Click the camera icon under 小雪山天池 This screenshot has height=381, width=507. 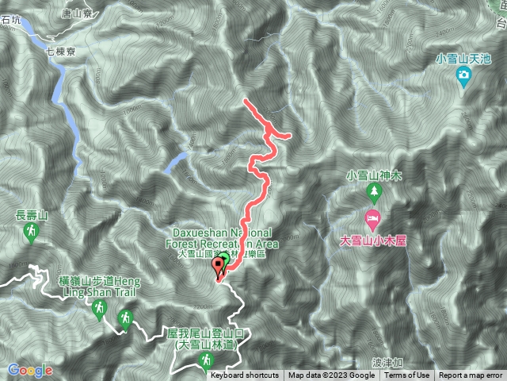point(464,75)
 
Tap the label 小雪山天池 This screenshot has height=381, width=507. point(464,58)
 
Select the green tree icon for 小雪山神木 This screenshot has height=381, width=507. point(373,192)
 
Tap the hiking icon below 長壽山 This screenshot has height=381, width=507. point(31,232)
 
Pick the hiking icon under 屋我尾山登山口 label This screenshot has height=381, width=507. point(207,361)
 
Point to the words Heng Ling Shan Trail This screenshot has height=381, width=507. point(105,291)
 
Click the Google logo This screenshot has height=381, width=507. point(30,370)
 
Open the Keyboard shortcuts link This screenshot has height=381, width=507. point(245,375)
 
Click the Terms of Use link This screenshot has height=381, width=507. point(407,375)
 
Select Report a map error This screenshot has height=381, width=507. point(471,375)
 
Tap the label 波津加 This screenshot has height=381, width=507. point(386,362)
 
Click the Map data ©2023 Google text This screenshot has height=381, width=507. point(331,375)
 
